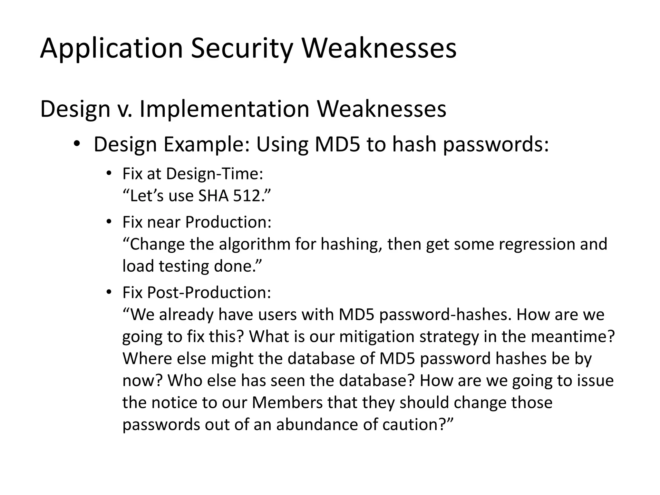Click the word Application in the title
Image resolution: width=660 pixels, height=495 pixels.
point(112,48)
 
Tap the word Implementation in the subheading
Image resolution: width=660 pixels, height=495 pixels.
point(224,109)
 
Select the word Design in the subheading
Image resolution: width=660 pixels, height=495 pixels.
point(75,109)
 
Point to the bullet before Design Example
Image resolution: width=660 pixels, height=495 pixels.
point(76,144)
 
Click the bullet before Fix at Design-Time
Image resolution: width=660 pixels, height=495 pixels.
point(109,174)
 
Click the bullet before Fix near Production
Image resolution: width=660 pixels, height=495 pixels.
point(109,222)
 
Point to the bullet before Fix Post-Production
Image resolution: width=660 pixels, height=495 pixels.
point(109,292)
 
